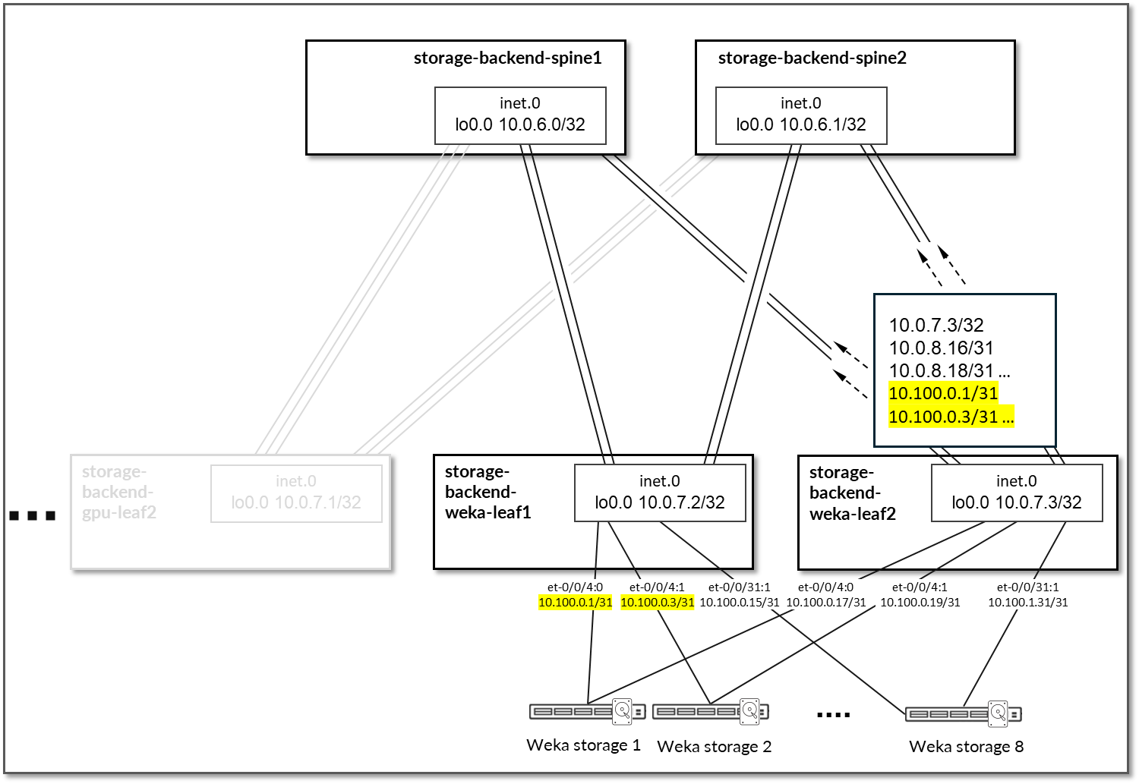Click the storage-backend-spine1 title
[507, 58]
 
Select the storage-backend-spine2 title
[812, 58]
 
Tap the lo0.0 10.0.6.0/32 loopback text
[520, 124]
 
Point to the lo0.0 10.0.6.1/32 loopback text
[801, 124]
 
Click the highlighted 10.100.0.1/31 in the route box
[943, 393]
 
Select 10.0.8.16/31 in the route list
[942, 348]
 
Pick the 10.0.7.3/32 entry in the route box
[936, 325]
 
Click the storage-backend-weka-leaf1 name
[487, 492]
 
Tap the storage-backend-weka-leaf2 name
[852, 492]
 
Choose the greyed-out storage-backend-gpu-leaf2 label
[118, 492]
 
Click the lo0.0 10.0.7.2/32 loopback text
[660, 502]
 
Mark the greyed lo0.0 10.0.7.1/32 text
[296, 502]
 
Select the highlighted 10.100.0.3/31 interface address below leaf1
[658, 603]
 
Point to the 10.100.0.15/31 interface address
[739, 603]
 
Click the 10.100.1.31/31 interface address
[1027, 603]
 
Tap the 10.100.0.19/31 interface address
[920, 603]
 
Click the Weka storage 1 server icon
[587, 711]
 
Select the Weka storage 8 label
[966, 747]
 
